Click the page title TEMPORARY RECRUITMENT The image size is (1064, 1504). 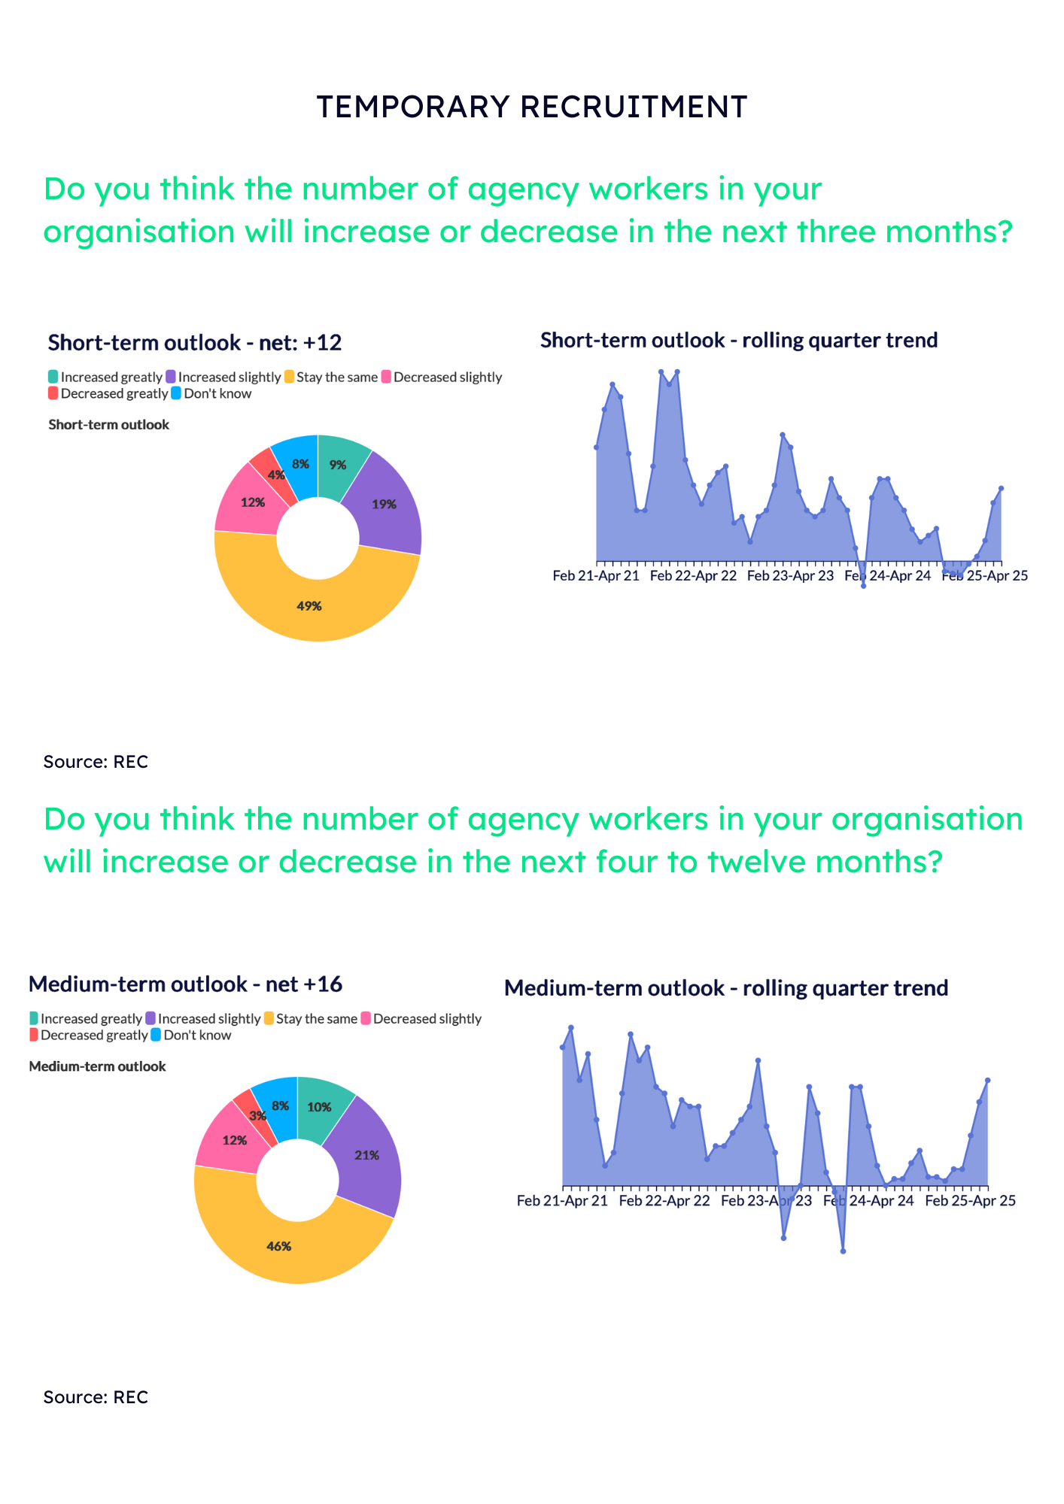tap(531, 107)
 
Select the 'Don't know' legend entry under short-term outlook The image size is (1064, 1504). tap(217, 394)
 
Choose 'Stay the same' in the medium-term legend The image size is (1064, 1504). tap(316, 1019)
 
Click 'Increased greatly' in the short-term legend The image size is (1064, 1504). tap(111, 378)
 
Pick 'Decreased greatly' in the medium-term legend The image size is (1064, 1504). tap(93, 1036)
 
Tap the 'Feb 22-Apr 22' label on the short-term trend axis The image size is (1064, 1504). tap(693, 576)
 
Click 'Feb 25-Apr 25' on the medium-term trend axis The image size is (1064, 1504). tap(970, 1201)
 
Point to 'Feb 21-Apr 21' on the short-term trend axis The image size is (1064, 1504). tap(596, 576)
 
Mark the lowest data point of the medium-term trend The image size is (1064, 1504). tap(843, 1251)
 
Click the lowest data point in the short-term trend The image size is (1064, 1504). tap(863, 586)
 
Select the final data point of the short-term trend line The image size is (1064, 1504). tap(1002, 488)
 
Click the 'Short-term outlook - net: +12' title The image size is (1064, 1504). tap(195, 343)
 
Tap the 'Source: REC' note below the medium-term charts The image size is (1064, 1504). tap(96, 1397)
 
